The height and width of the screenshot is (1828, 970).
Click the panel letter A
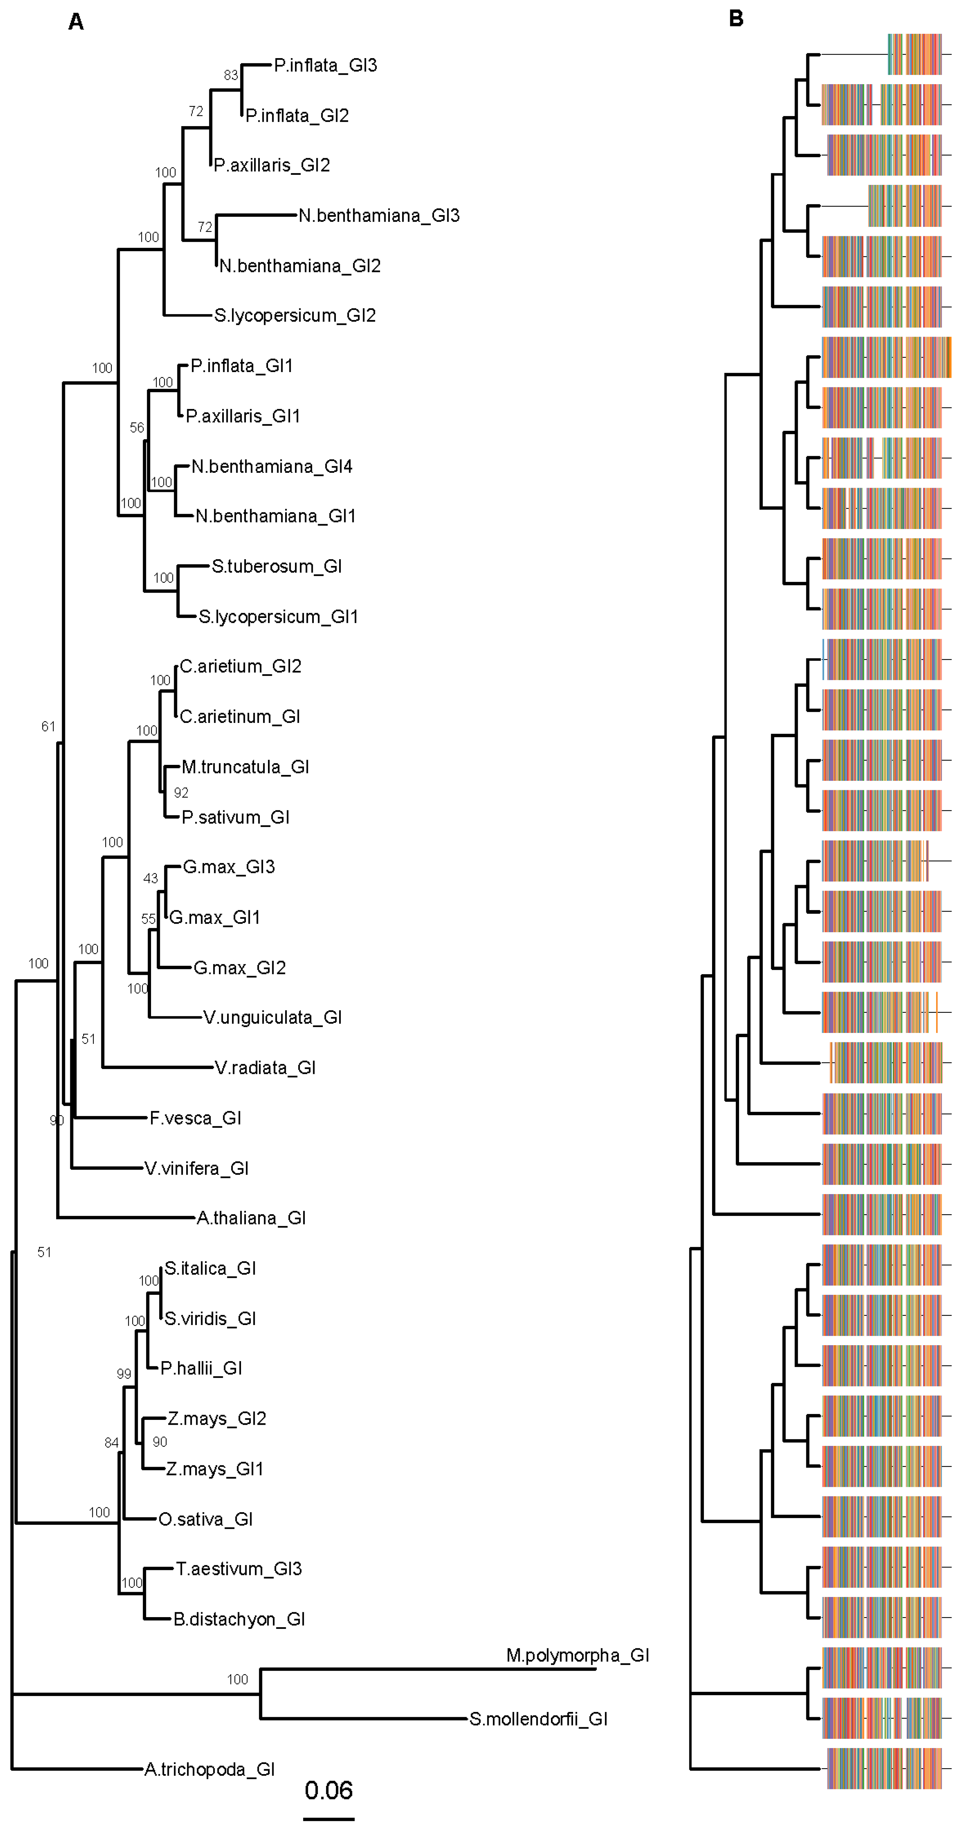pyautogui.click(x=76, y=23)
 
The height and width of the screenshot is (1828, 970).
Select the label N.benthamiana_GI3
pyautogui.click(x=379, y=216)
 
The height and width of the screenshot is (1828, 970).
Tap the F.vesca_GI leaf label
pyautogui.click(x=195, y=1118)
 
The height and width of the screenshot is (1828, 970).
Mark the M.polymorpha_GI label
pyautogui.click(x=578, y=1655)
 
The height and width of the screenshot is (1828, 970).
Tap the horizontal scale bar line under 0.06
pyautogui.click(x=328, y=1819)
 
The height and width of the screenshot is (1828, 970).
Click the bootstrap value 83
pyautogui.click(x=231, y=75)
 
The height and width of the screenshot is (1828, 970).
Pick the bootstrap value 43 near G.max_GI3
pyautogui.click(x=150, y=879)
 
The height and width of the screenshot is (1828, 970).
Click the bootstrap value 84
pyautogui.click(x=111, y=1443)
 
